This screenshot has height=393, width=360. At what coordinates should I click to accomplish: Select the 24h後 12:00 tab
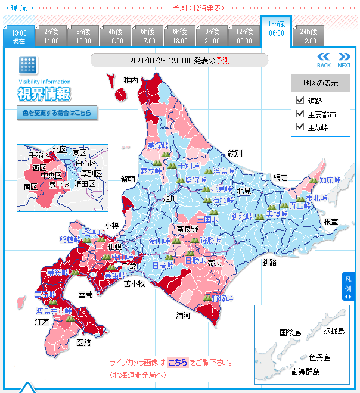pos(308,36)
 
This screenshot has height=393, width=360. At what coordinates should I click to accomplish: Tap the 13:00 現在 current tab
pos(18,37)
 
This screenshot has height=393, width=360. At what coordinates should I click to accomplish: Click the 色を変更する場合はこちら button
pos(57,112)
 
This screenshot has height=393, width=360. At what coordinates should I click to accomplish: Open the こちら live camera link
pos(177,362)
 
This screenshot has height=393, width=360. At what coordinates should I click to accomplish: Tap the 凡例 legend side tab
pos(349,286)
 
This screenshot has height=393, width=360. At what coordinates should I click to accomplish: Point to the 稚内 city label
pos(131,80)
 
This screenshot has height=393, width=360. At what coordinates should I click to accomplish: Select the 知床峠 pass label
pos(329,179)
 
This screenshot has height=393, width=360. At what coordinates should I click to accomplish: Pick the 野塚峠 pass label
pos(222,298)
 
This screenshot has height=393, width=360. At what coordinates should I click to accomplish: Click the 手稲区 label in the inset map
pos(41,154)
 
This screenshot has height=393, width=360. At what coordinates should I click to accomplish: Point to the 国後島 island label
pos(290,332)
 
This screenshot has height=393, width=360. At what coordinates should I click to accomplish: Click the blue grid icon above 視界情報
pos(27,65)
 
